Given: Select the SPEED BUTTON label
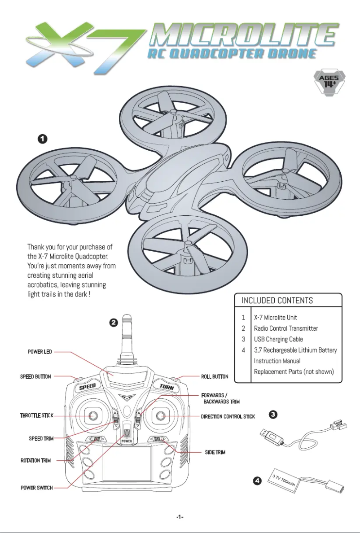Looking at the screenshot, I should click(x=35, y=376).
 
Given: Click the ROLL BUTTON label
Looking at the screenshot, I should click(x=214, y=376).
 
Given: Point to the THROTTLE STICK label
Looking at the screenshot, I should click(x=36, y=415).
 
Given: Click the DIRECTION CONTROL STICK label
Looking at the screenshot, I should click(x=228, y=416).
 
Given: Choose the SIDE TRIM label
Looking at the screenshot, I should click(x=215, y=452).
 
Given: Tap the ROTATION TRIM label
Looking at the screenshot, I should click(x=35, y=460).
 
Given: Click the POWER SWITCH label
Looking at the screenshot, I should click(x=36, y=488).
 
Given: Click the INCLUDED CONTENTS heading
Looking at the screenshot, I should click(x=277, y=300).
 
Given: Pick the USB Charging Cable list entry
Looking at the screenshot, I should click(x=278, y=339).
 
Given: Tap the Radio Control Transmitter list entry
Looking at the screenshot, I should click(x=285, y=328).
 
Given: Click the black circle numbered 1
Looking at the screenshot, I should click(x=42, y=139).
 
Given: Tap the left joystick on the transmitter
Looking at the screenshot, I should click(x=92, y=416).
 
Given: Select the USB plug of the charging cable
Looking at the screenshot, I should click(x=272, y=436).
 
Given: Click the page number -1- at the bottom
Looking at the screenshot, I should click(x=180, y=517).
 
